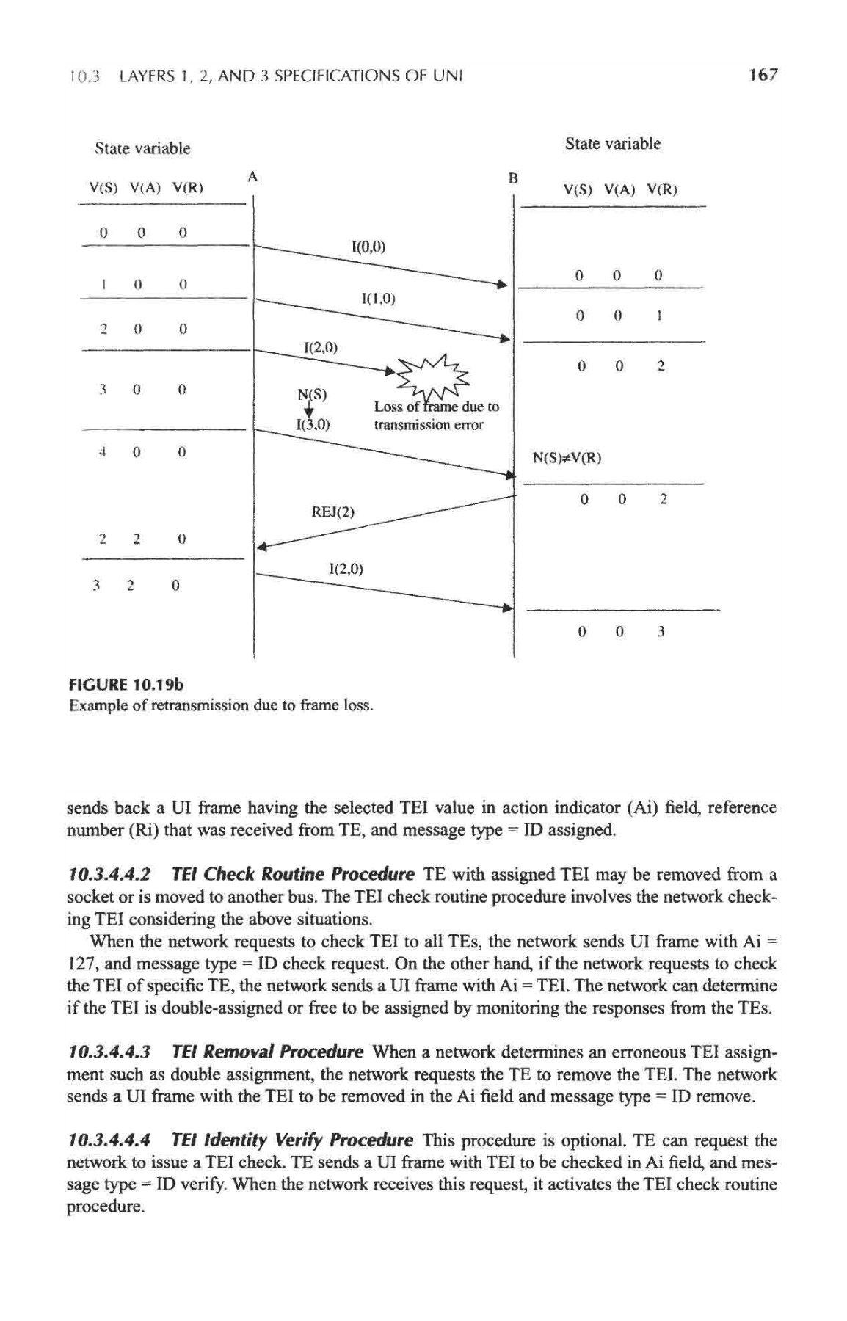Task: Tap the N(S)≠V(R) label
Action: [567, 459]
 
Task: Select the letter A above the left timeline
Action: [252, 176]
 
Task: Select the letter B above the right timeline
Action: [513, 178]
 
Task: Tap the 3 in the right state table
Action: [661, 631]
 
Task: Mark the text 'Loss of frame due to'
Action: [436, 407]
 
